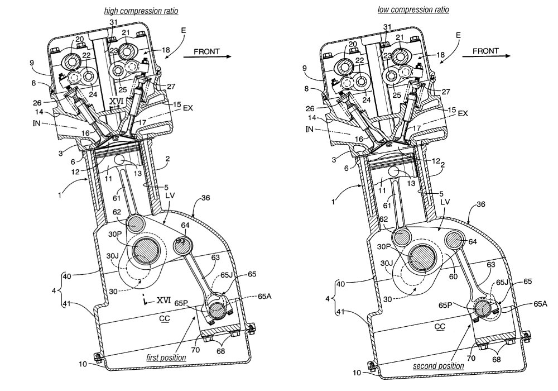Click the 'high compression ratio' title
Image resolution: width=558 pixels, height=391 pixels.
coord(141,11)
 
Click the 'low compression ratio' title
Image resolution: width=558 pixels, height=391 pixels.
coord(413,9)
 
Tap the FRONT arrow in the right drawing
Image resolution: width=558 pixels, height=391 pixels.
coord(486,55)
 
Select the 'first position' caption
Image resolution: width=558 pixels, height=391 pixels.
coord(166,357)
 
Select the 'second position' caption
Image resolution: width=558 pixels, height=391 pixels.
coord(439,366)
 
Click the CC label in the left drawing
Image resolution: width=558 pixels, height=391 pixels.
coord(165,318)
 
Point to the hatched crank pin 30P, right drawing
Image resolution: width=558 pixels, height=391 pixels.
coord(422,258)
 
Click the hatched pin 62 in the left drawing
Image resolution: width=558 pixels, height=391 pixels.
coord(135,223)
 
